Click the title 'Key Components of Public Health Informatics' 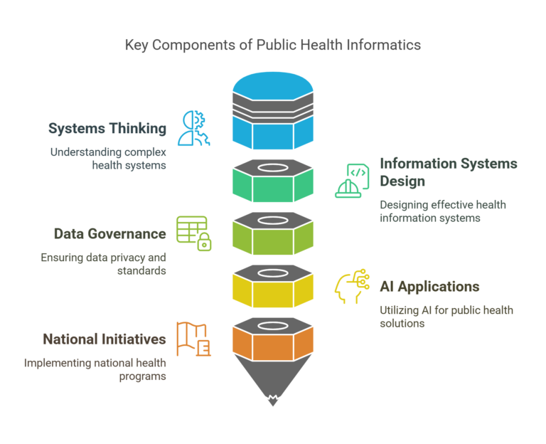pos(273,45)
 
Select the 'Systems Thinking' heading pos(107,129)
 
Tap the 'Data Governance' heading pos(110,233)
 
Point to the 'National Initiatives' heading pos(105,339)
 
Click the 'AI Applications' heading pos(429,287)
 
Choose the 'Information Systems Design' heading pos(448,172)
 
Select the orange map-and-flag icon pos(193,339)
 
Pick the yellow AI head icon pos(353,287)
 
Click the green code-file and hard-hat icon pos(353,180)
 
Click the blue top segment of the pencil pos(273,114)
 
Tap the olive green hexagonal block pos(273,233)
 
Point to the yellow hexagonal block pos(273,285)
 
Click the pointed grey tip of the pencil pos(273,384)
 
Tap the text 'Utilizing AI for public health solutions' pos(446,317)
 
